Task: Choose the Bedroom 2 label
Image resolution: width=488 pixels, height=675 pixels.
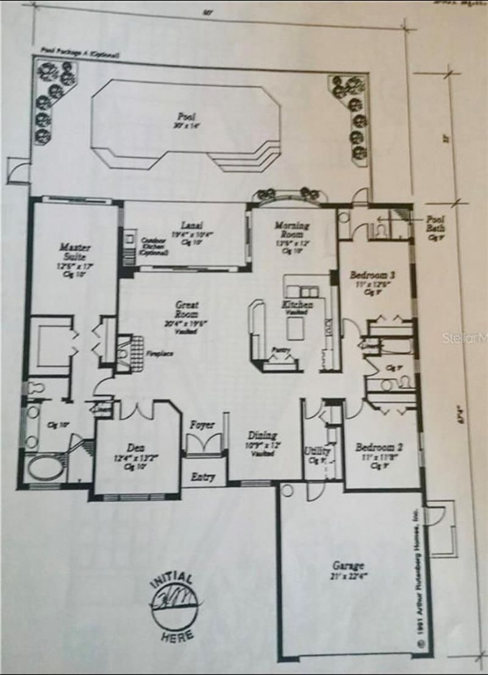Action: click(378, 448)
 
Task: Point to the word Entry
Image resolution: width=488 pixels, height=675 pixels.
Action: click(203, 475)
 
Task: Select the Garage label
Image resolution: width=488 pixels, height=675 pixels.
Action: click(348, 565)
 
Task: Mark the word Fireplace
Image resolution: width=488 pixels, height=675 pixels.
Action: click(158, 353)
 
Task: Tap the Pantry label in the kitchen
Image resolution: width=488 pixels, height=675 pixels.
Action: click(282, 350)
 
